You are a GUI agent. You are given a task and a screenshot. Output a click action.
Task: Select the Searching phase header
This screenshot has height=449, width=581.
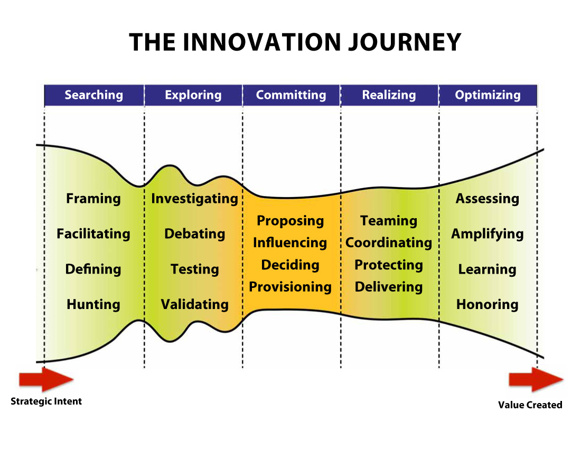click(x=93, y=95)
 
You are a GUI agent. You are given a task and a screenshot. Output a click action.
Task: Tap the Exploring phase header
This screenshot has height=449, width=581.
click(x=193, y=95)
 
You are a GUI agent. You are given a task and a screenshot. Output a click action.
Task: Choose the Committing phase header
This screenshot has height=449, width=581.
click(x=291, y=95)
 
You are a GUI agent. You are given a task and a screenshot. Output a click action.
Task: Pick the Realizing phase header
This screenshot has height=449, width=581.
click(x=389, y=95)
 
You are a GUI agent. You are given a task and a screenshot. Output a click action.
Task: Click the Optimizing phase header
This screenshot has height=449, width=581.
click(x=488, y=95)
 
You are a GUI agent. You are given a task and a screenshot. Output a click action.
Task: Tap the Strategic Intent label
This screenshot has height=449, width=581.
click(x=46, y=401)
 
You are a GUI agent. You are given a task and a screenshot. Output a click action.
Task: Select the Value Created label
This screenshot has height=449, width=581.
click(x=530, y=405)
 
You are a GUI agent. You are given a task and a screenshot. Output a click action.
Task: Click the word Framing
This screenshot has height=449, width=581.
click(x=93, y=199)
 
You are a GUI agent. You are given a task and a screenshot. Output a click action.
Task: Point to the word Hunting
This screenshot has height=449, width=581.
click(x=93, y=304)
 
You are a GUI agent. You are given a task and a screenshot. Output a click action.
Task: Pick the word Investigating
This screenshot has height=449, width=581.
click(x=194, y=199)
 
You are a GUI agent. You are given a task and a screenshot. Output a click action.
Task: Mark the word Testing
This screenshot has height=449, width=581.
click(x=194, y=269)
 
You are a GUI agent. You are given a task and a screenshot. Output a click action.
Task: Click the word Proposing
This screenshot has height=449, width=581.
click(x=290, y=221)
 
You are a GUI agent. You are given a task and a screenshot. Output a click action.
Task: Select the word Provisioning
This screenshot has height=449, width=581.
click(x=290, y=287)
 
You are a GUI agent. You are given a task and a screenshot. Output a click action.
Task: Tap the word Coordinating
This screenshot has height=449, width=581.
click(x=389, y=243)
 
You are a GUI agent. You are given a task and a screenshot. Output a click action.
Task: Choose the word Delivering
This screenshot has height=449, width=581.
click(x=389, y=287)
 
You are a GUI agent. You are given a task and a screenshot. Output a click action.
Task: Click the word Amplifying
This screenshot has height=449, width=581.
click(x=487, y=234)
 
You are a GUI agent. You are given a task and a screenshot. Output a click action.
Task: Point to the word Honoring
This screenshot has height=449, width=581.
click(x=487, y=304)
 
